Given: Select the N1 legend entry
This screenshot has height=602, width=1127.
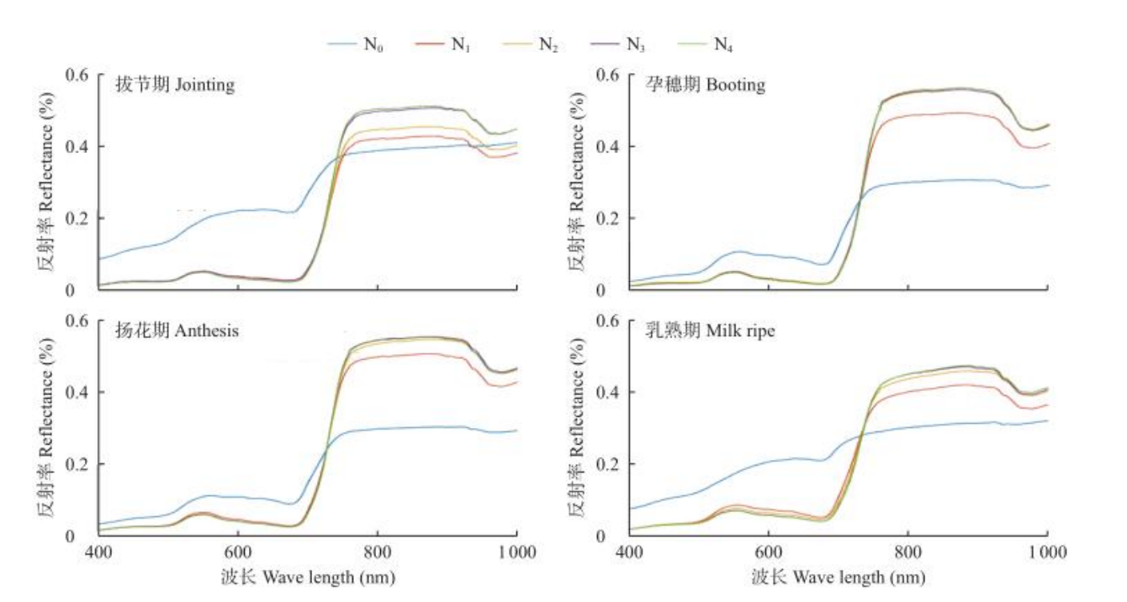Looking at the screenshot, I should point(444,44).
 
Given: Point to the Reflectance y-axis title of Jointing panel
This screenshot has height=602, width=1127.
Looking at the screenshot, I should point(46,182).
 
